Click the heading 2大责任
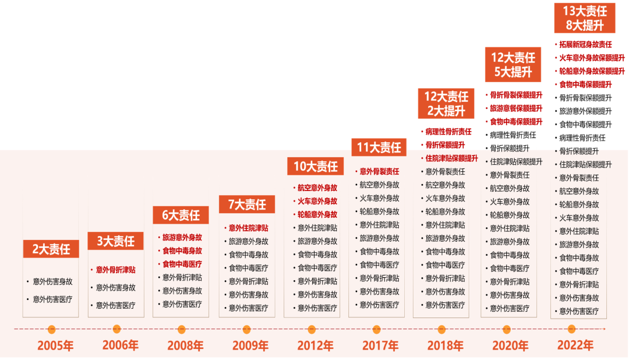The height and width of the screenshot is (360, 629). (x=51, y=249)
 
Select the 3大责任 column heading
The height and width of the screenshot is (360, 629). (x=115, y=241)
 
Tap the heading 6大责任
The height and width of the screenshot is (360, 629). (x=181, y=216)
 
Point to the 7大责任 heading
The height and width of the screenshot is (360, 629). (x=247, y=204)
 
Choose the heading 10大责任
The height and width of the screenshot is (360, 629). (x=315, y=167)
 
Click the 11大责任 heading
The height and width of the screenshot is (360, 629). (x=379, y=147)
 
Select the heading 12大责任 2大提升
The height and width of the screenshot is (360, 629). (x=446, y=104)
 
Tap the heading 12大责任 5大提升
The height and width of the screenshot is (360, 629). (x=513, y=65)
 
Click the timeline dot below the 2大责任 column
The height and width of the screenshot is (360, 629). (x=51, y=329)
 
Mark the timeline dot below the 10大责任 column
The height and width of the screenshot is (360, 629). (x=312, y=329)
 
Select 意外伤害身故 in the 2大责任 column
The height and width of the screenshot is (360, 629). (x=52, y=281)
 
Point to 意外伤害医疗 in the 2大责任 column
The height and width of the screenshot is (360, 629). (x=52, y=299)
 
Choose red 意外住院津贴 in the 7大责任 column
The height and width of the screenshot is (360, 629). (x=248, y=228)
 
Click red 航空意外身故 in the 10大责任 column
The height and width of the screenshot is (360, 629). (x=317, y=188)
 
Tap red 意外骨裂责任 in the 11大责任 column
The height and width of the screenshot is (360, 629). (x=379, y=171)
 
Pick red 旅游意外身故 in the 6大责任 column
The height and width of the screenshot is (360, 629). (x=182, y=238)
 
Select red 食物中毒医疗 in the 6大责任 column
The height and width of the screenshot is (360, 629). (x=182, y=264)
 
